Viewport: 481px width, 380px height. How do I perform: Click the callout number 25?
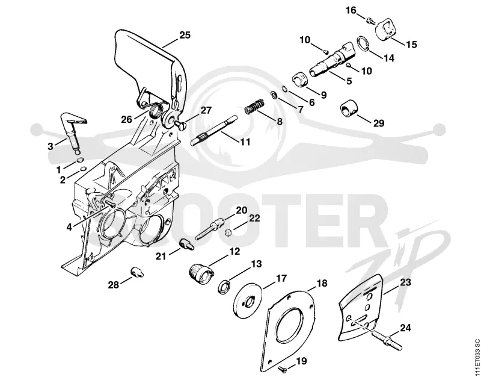pyautogui.click(x=185, y=35)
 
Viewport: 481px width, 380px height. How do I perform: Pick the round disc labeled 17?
pyautogui.click(x=248, y=302)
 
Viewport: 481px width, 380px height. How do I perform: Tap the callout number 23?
pyautogui.click(x=405, y=282)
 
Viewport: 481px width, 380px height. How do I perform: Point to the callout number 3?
pyautogui.click(x=51, y=146)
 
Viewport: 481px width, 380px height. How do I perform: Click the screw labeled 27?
pyautogui.click(x=179, y=124)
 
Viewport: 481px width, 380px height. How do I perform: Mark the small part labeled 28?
pyautogui.click(x=136, y=272)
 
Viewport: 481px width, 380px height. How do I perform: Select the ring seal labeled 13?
pyautogui.click(x=225, y=287)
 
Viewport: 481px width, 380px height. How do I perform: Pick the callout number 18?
pyautogui.click(x=322, y=283)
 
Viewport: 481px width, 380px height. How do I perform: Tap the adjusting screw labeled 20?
pyautogui.click(x=209, y=229)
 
